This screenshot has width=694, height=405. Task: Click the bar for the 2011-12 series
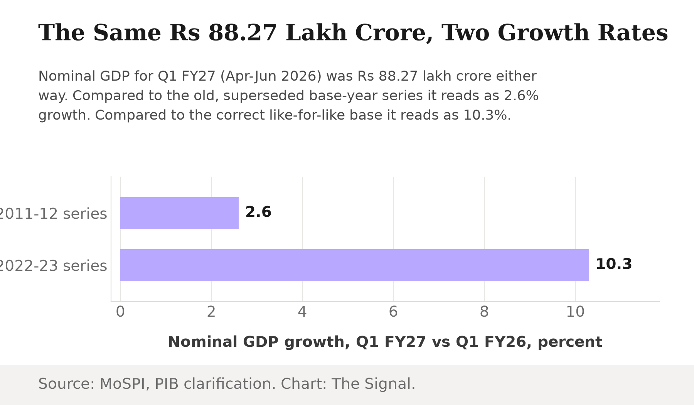[179, 213]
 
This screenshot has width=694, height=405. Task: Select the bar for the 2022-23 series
[355, 265]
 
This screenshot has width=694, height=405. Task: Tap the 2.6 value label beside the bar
[258, 212]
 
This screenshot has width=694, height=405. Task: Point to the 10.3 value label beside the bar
[614, 264]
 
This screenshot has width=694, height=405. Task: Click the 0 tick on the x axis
[120, 312]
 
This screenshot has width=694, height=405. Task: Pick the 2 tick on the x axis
[211, 312]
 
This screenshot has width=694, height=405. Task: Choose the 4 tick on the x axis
[302, 312]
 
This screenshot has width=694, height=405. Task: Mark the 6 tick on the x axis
[393, 312]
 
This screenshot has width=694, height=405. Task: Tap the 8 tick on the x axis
[484, 312]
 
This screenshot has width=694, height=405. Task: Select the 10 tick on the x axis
[575, 312]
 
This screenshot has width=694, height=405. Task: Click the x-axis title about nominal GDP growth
[385, 342]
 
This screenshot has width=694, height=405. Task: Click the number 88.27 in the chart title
[243, 33]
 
